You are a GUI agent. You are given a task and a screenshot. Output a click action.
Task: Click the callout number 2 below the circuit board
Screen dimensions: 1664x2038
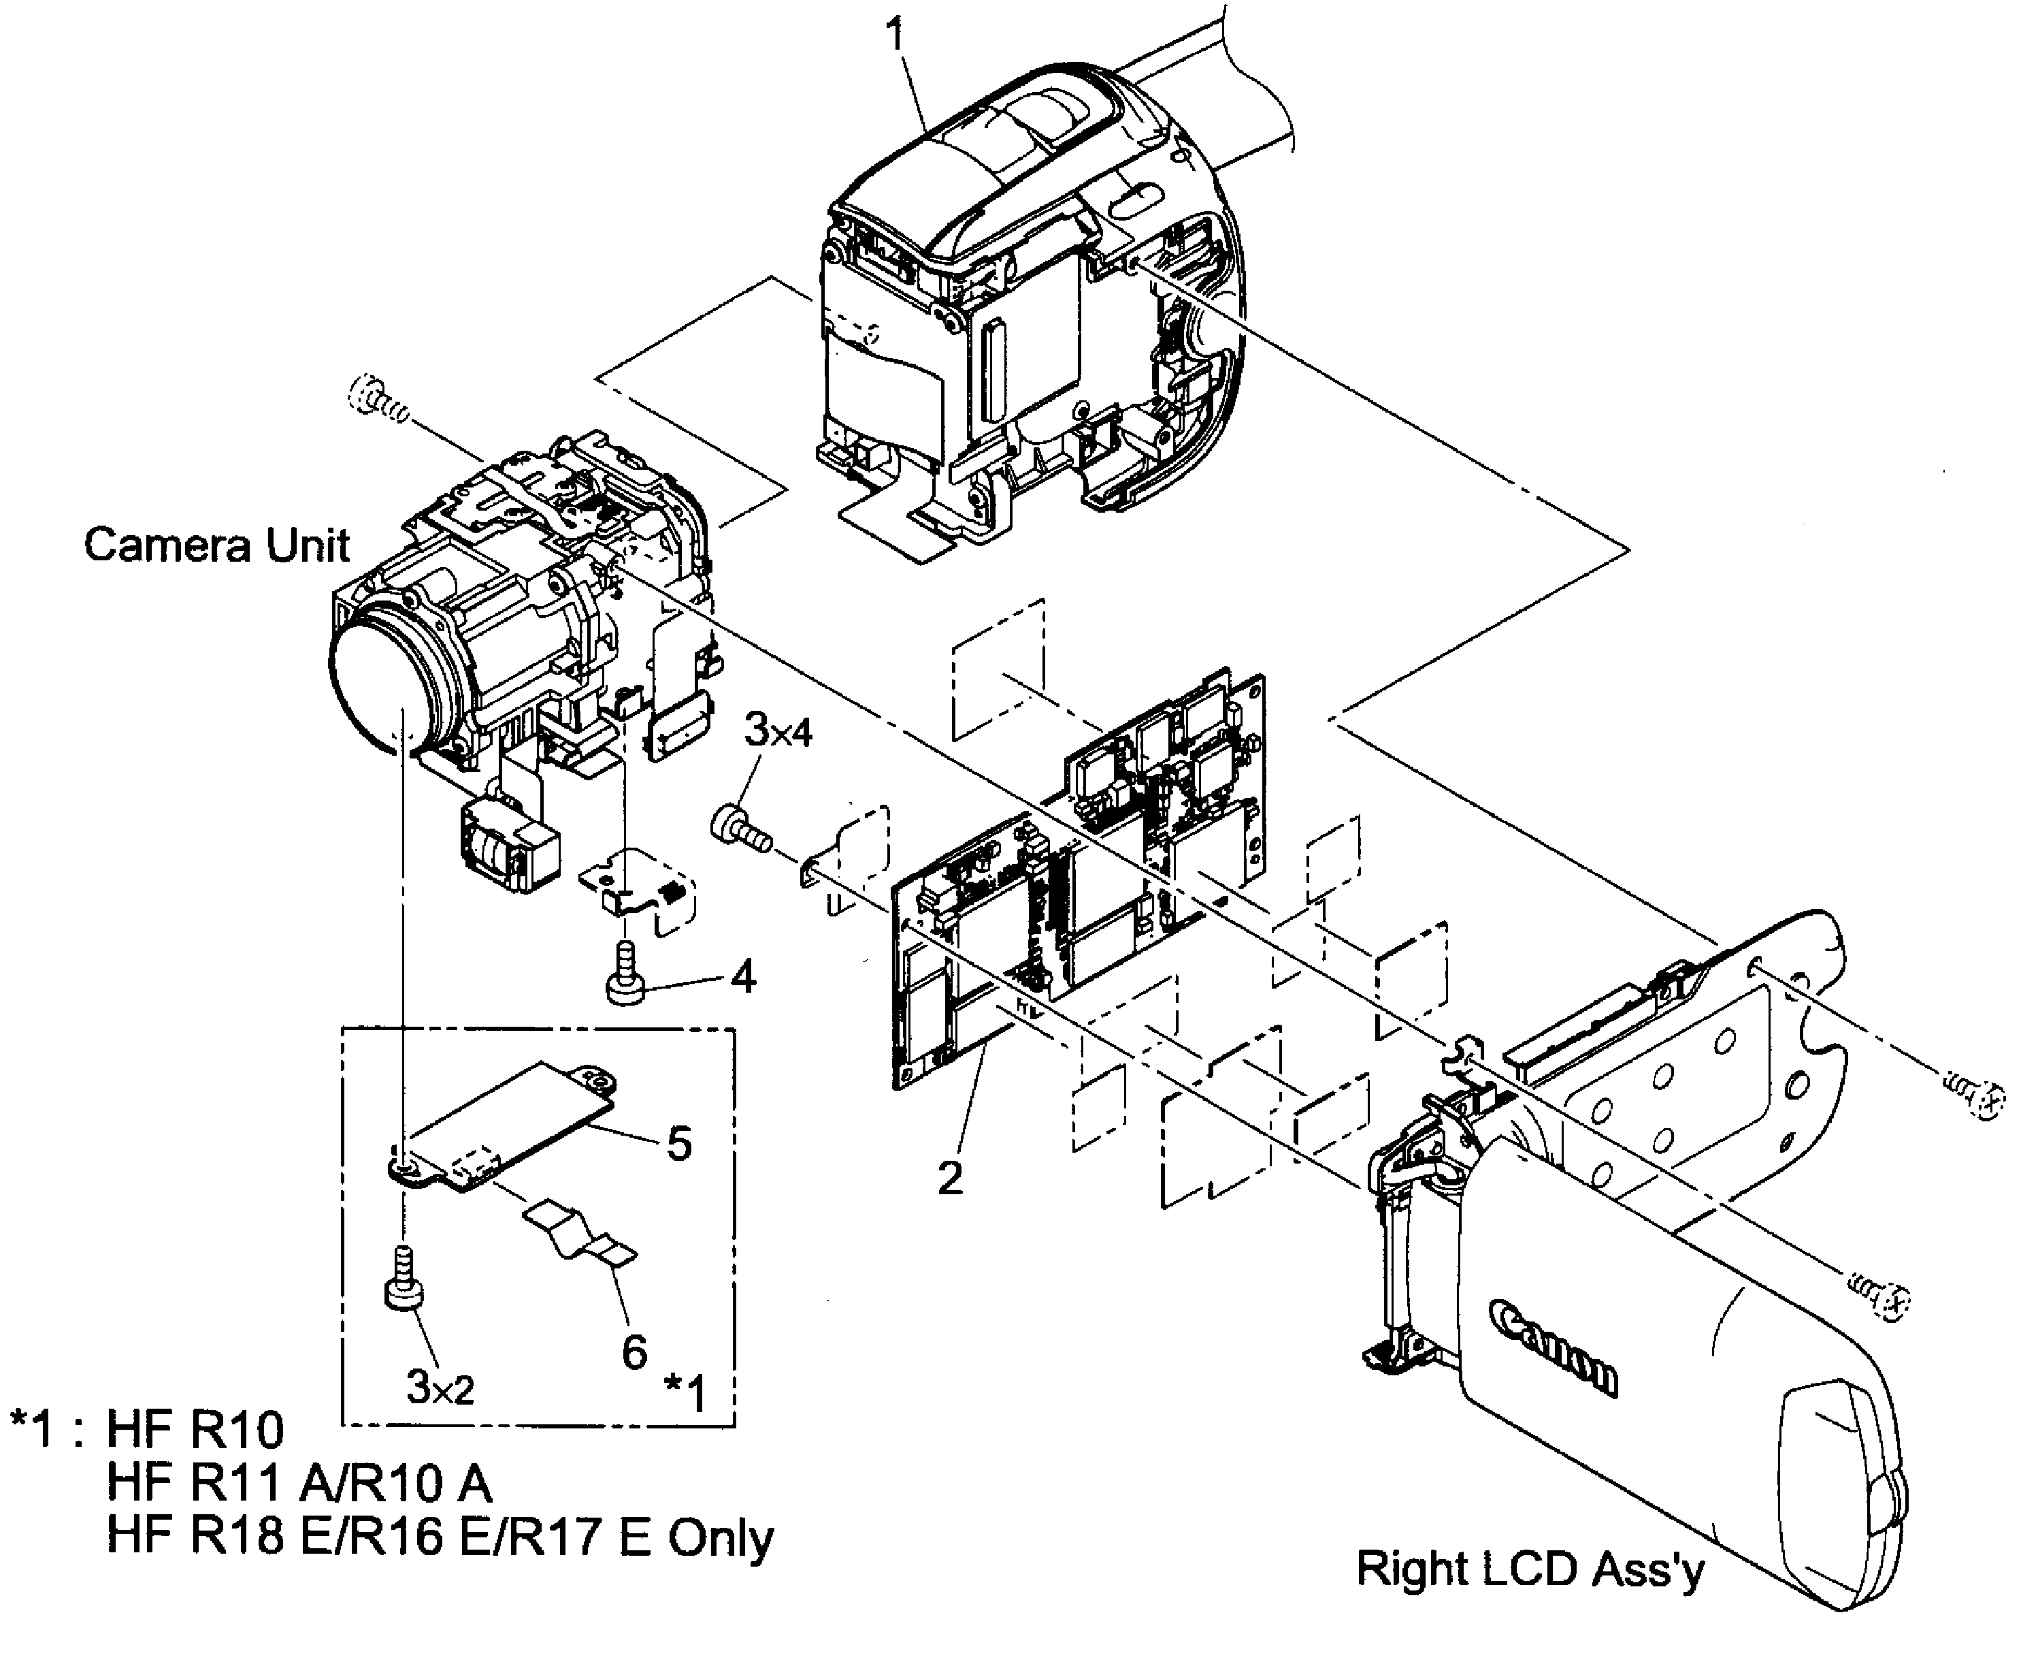pos(949,1178)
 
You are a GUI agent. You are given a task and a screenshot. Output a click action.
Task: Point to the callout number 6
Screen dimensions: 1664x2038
pos(634,1351)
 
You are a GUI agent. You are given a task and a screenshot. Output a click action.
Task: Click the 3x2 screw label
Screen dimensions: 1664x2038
pos(440,1387)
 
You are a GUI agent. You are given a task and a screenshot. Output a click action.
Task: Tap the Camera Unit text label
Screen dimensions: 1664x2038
pos(216,545)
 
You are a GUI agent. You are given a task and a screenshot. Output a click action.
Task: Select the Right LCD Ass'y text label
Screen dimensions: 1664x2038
pos(1529,1569)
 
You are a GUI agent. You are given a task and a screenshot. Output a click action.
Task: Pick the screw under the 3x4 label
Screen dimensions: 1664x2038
pos(740,827)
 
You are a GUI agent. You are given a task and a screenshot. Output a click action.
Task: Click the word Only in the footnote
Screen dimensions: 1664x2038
pos(721,1537)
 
